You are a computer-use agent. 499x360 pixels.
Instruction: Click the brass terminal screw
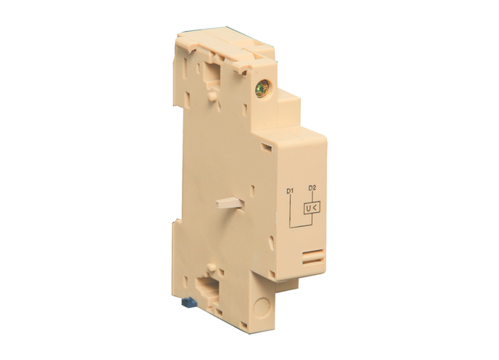[262, 88]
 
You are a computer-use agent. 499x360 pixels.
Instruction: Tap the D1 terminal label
[289, 191]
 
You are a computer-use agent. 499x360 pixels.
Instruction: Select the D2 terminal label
[312, 188]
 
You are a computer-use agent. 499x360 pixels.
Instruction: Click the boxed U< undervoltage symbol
[312, 208]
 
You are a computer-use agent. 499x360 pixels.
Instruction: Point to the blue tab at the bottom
[188, 302]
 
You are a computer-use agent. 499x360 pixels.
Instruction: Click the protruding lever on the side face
[230, 203]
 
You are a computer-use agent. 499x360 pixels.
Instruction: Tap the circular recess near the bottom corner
[261, 307]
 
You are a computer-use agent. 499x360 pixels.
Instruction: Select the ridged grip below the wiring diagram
[313, 256]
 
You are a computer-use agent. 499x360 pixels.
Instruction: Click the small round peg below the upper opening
[212, 96]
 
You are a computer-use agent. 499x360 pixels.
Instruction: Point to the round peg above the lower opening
[211, 267]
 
